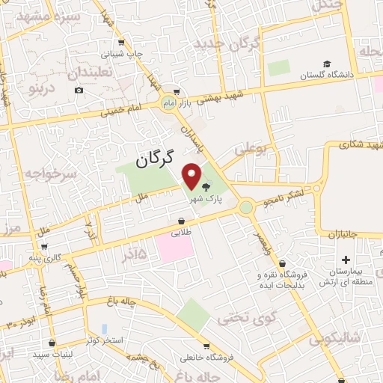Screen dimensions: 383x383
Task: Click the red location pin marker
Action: tap(192, 177)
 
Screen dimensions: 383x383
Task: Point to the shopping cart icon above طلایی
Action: tap(182, 221)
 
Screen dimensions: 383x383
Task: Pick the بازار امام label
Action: tap(200, 100)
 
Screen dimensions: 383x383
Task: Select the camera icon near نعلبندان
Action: tap(79, 91)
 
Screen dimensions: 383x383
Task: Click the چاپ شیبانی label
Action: tap(144, 53)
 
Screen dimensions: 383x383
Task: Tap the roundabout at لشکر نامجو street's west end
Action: tap(246, 206)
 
